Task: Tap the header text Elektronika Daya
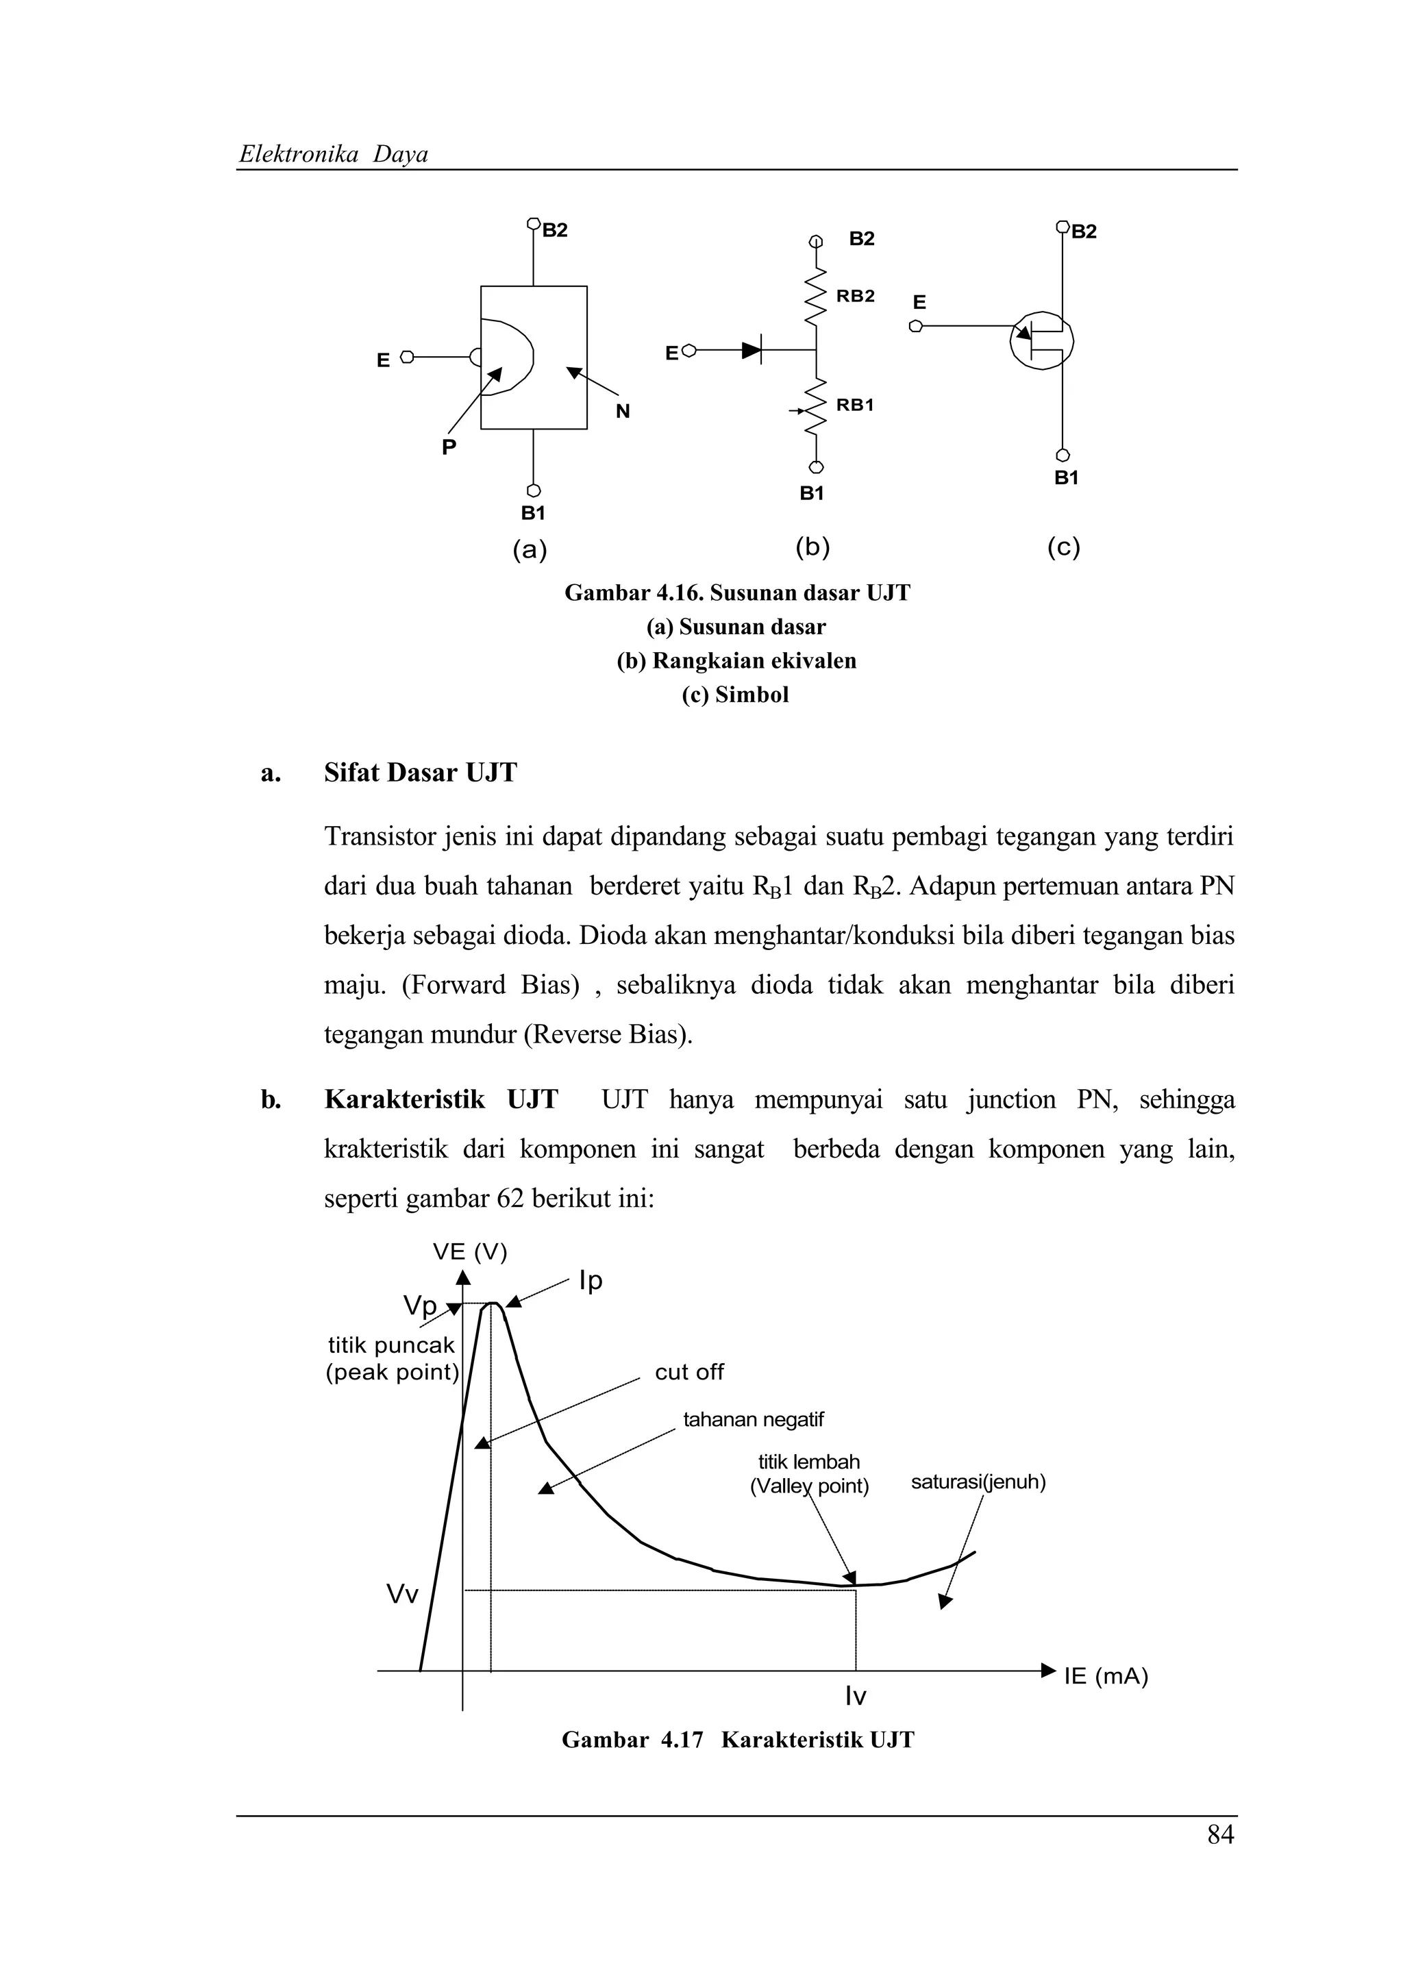[x=334, y=154]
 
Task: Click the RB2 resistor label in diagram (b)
[x=855, y=296]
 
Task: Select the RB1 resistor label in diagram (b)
[x=855, y=405]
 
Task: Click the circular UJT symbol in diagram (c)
[x=1042, y=340]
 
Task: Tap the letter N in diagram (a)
[x=623, y=412]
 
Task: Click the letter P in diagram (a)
[x=449, y=447]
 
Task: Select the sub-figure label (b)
[x=812, y=547]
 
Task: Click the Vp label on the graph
[x=420, y=1306]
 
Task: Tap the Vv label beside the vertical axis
[x=402, y=1594]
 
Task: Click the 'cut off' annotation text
[x=689, y=1372]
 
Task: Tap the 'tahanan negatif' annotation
[x=753, y=1420]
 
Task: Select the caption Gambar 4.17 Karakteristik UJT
[x=737, y=1740]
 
